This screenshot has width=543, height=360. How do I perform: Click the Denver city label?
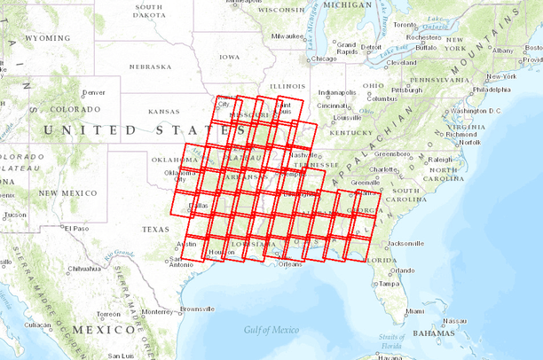[93, 92]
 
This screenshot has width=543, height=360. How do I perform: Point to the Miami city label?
[415, 311]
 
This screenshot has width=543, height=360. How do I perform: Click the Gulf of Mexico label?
[271, 330]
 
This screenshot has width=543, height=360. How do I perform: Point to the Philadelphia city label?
[492, 89]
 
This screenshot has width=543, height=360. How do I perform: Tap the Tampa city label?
[388, 284]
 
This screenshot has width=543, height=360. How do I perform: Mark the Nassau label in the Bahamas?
[457, 321]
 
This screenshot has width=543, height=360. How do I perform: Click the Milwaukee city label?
[288, 36]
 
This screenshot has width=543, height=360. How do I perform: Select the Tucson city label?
[15, 215]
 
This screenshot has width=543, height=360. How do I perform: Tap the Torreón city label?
[109, 314]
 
